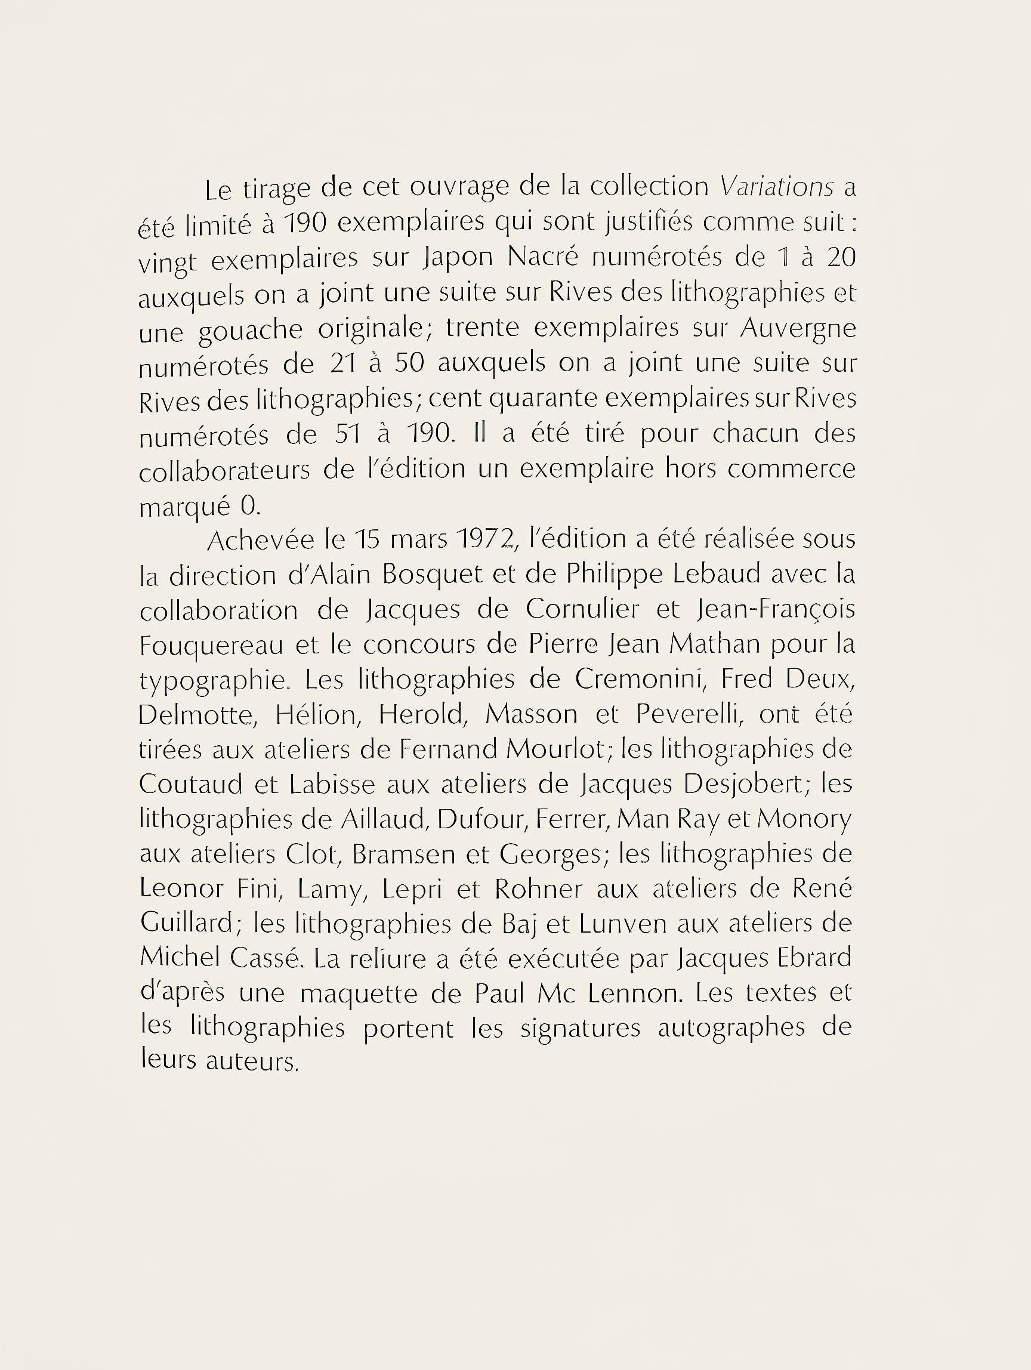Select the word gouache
(250, 331)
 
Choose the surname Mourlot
(554, 750)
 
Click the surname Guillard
(186, 924)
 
